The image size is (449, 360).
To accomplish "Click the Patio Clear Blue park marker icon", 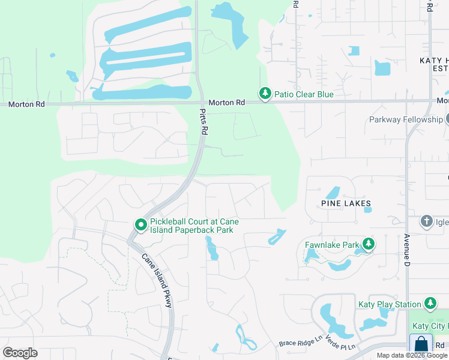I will point(265,94).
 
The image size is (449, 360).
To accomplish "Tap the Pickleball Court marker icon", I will point(141,225).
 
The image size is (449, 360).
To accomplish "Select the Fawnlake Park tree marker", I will point(368,244).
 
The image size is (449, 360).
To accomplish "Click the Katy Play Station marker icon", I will point(430,304).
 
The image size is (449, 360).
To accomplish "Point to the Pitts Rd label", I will point(204,122).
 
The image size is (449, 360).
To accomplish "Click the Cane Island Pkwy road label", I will point(157,281).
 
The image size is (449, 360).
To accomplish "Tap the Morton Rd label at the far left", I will point(27,104).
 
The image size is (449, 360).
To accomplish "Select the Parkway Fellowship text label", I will point(406,119).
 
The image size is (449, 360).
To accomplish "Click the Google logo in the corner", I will point(20,353).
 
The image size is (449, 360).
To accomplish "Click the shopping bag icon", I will point(421,344).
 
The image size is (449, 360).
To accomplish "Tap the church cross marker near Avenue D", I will point(427,221).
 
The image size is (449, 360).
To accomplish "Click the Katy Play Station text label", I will point(389,304).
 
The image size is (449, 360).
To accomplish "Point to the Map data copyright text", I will point(412,355).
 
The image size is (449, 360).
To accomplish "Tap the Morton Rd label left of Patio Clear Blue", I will point(231,103).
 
